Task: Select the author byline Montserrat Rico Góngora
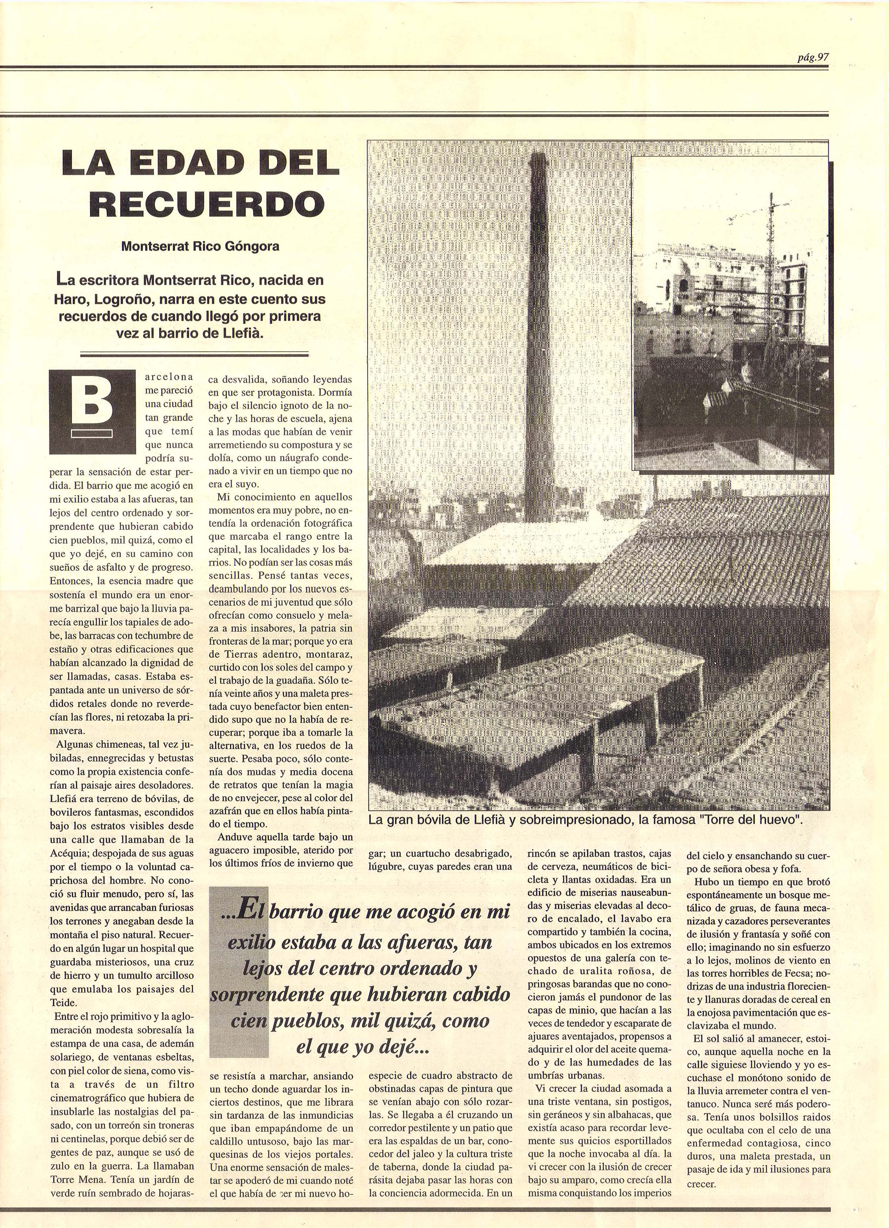[x=200, y=246]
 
